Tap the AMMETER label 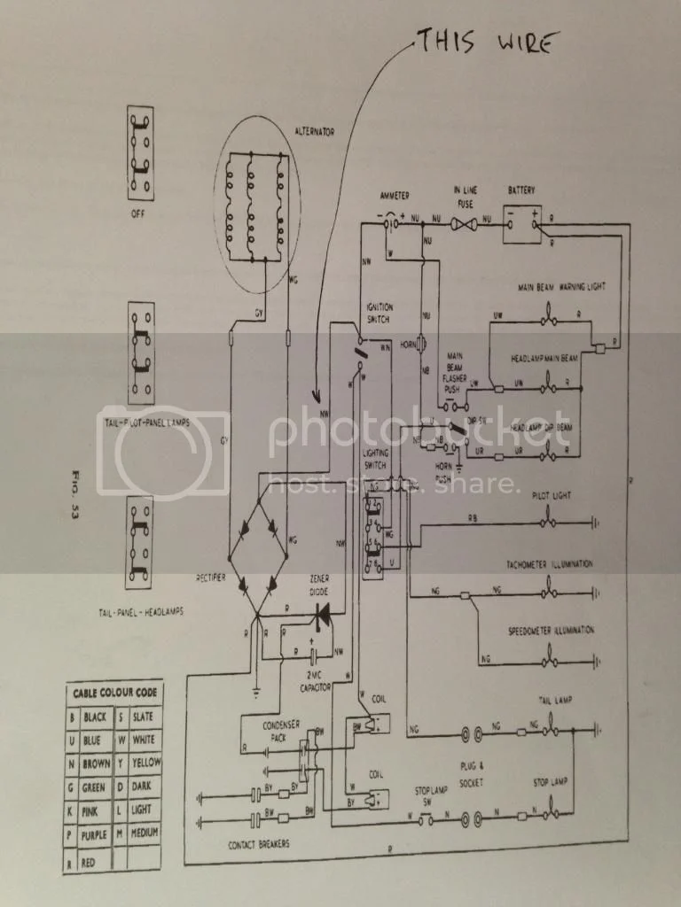pyautogui.click(x=394, y=194)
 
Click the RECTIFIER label pyautogui.click(x=213, y=577)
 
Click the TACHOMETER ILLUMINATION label pyautogui.click(x=551, y=564)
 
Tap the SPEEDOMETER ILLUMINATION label pyautogui.click(x=551, y=631)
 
